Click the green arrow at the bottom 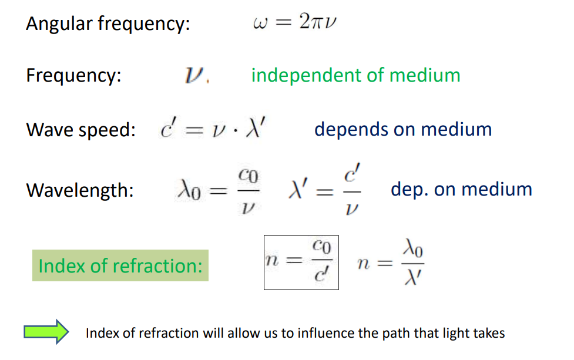pyautogui.click(x=46, y=333)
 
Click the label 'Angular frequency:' pyautogui.click(x=108, y=24)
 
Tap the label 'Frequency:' pyautogui.click(x=73, y=76)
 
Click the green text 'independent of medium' pyautogui.click(x=355, y=75)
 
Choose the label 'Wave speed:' pyautogui.click(x=80, y=130)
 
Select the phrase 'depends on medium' pyautogui.click(x=403, y=129)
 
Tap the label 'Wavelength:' pyautogui.click(x=80, y=190)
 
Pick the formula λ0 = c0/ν pyautogui.click(x=218, y=190)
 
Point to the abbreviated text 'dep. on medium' pyautogui.click(x=461, y=189)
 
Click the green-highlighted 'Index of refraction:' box pyautogui.click(x=120, y=265)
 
